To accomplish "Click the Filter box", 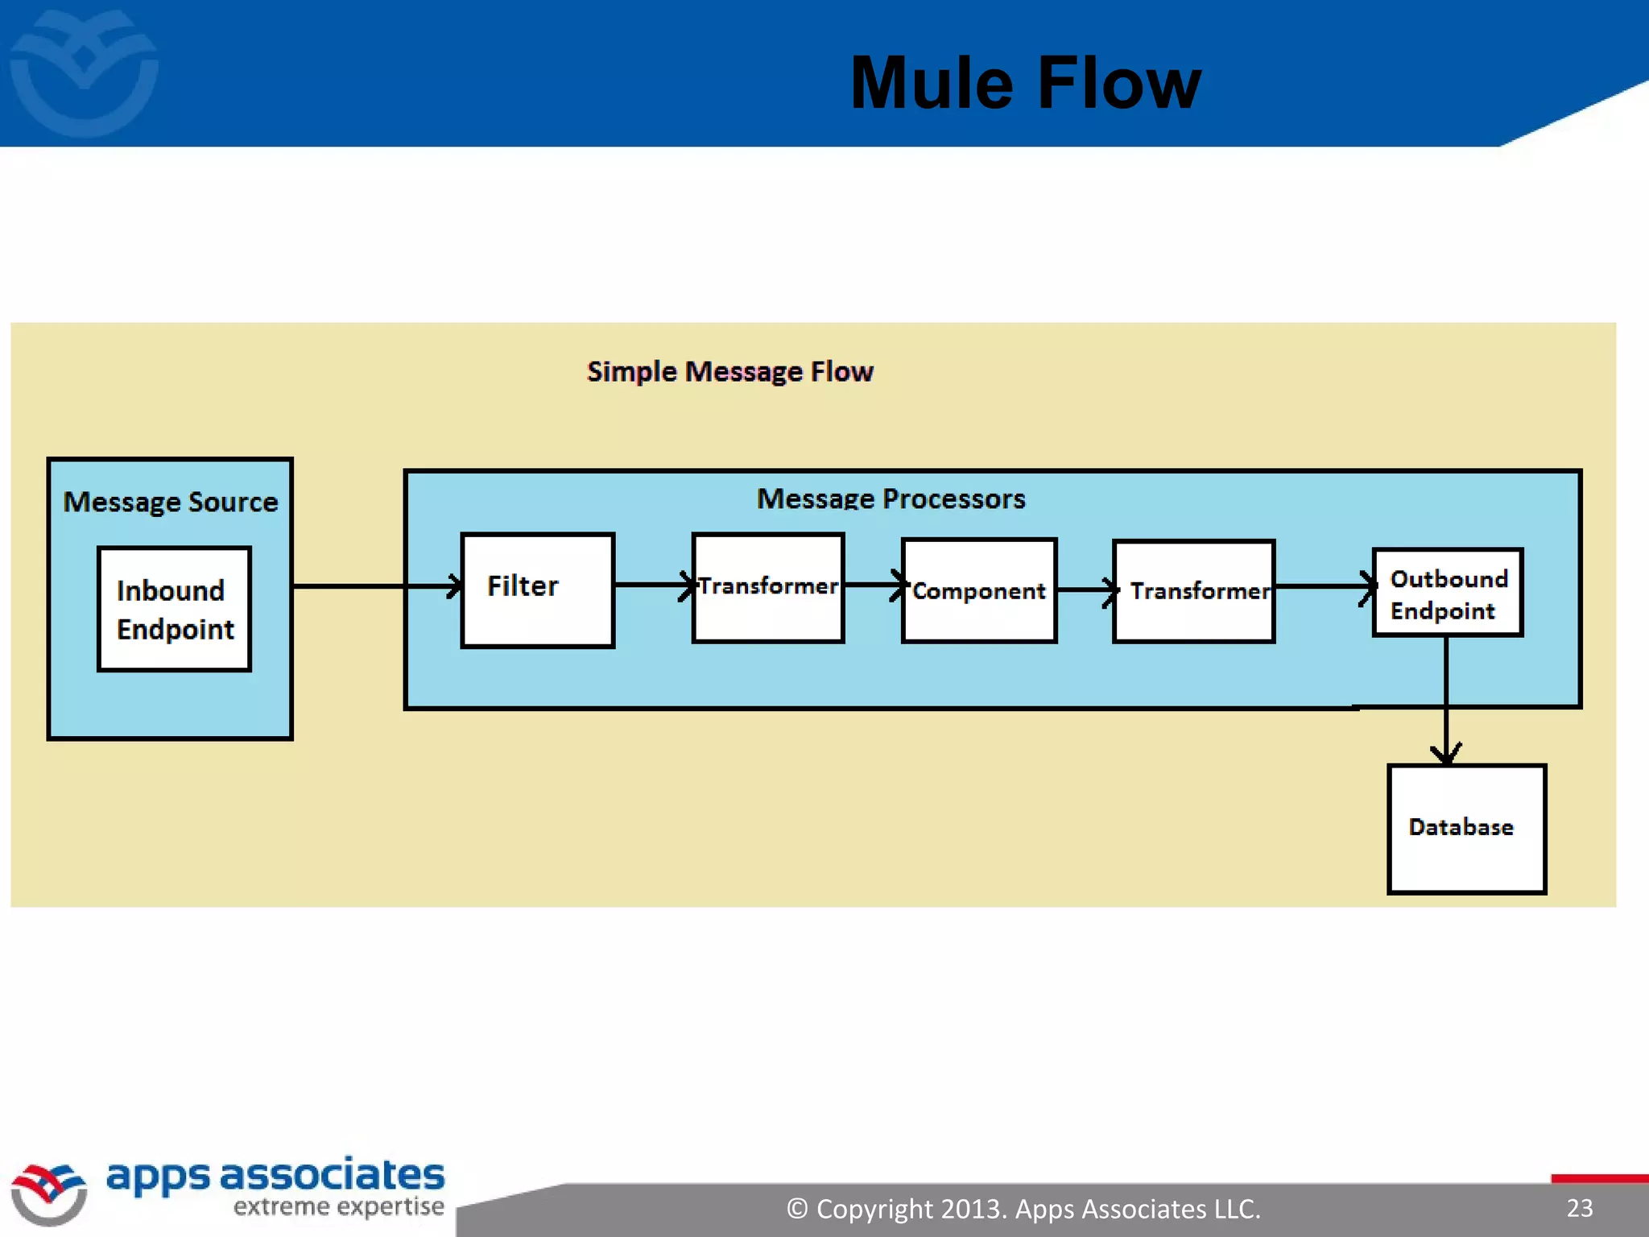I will point(537,590).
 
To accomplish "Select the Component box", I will point(978,590).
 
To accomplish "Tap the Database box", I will point(1466,829).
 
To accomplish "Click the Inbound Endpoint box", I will point(174,609).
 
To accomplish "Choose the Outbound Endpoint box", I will point(1447,594).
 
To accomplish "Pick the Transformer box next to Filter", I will point(768,587).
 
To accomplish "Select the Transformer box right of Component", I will point(1193,591).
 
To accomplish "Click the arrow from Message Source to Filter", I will point(370,586).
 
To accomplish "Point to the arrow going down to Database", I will point(1446,701).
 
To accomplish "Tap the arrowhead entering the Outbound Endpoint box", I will point(1367,586).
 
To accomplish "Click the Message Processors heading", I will point(891,499).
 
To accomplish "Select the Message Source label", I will point(171,503).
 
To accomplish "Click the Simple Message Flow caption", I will point(729,372).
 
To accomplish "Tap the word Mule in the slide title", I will point(932,84).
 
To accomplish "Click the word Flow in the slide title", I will point(1119,84).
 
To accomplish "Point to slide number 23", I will point(1579,1208).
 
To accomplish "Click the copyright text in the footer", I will point(1023,1209).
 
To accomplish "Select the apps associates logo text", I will point(275,1176).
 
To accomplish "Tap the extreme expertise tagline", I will point(338,1207).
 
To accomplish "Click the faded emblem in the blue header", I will point(84,72).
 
